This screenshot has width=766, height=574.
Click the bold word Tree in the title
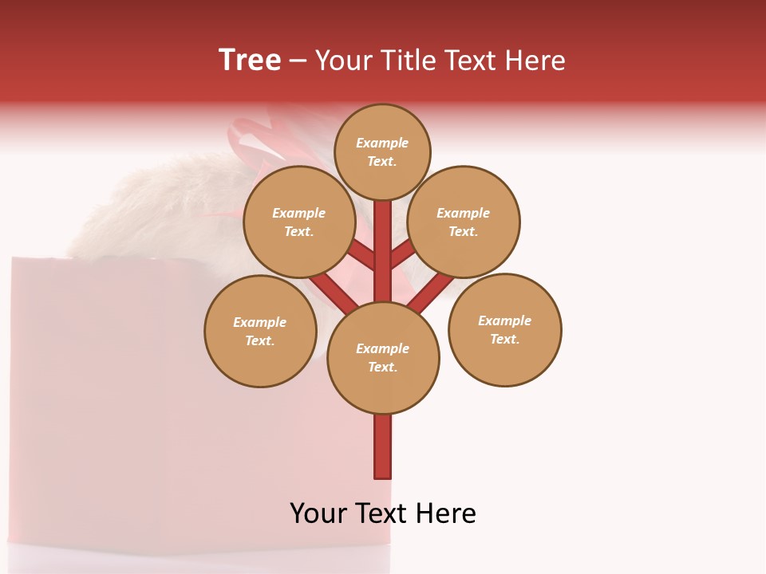click(250, 60)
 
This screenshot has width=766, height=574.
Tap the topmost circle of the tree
click(382, 151)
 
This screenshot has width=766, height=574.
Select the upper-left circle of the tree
click(298, 222)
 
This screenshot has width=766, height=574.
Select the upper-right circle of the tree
click(464, 222)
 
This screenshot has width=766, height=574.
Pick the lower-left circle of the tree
click(260, 331)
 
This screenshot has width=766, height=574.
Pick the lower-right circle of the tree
click(504, 329)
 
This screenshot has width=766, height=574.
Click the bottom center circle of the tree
click(383, 357)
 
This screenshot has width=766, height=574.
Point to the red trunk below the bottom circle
click(383, 446)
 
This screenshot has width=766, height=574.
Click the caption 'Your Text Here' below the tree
click(383, 513)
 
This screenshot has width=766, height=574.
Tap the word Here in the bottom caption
click(447, 513)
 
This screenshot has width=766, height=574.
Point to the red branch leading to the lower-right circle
click(431, 291)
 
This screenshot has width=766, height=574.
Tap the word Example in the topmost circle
click(382, 143)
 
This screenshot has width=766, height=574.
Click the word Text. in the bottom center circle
click(382, 367)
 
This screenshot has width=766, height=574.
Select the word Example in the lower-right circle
click(504, 320)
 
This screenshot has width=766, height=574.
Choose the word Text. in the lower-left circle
click(259, 340)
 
